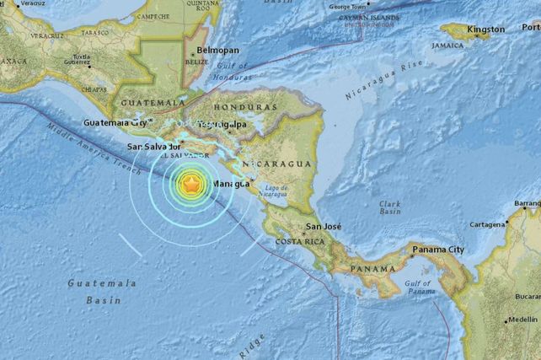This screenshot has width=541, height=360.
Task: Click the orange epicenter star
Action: click(193, 183)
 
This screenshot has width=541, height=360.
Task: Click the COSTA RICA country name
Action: click(297, 242)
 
